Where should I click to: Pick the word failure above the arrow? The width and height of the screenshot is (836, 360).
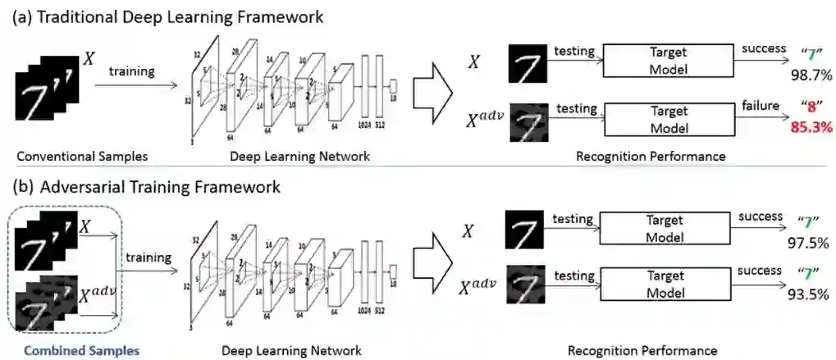tap(759, 104)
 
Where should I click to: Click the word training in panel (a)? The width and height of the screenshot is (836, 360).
tap(131, 71)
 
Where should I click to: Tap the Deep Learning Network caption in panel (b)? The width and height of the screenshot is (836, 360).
tap(291, 351)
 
